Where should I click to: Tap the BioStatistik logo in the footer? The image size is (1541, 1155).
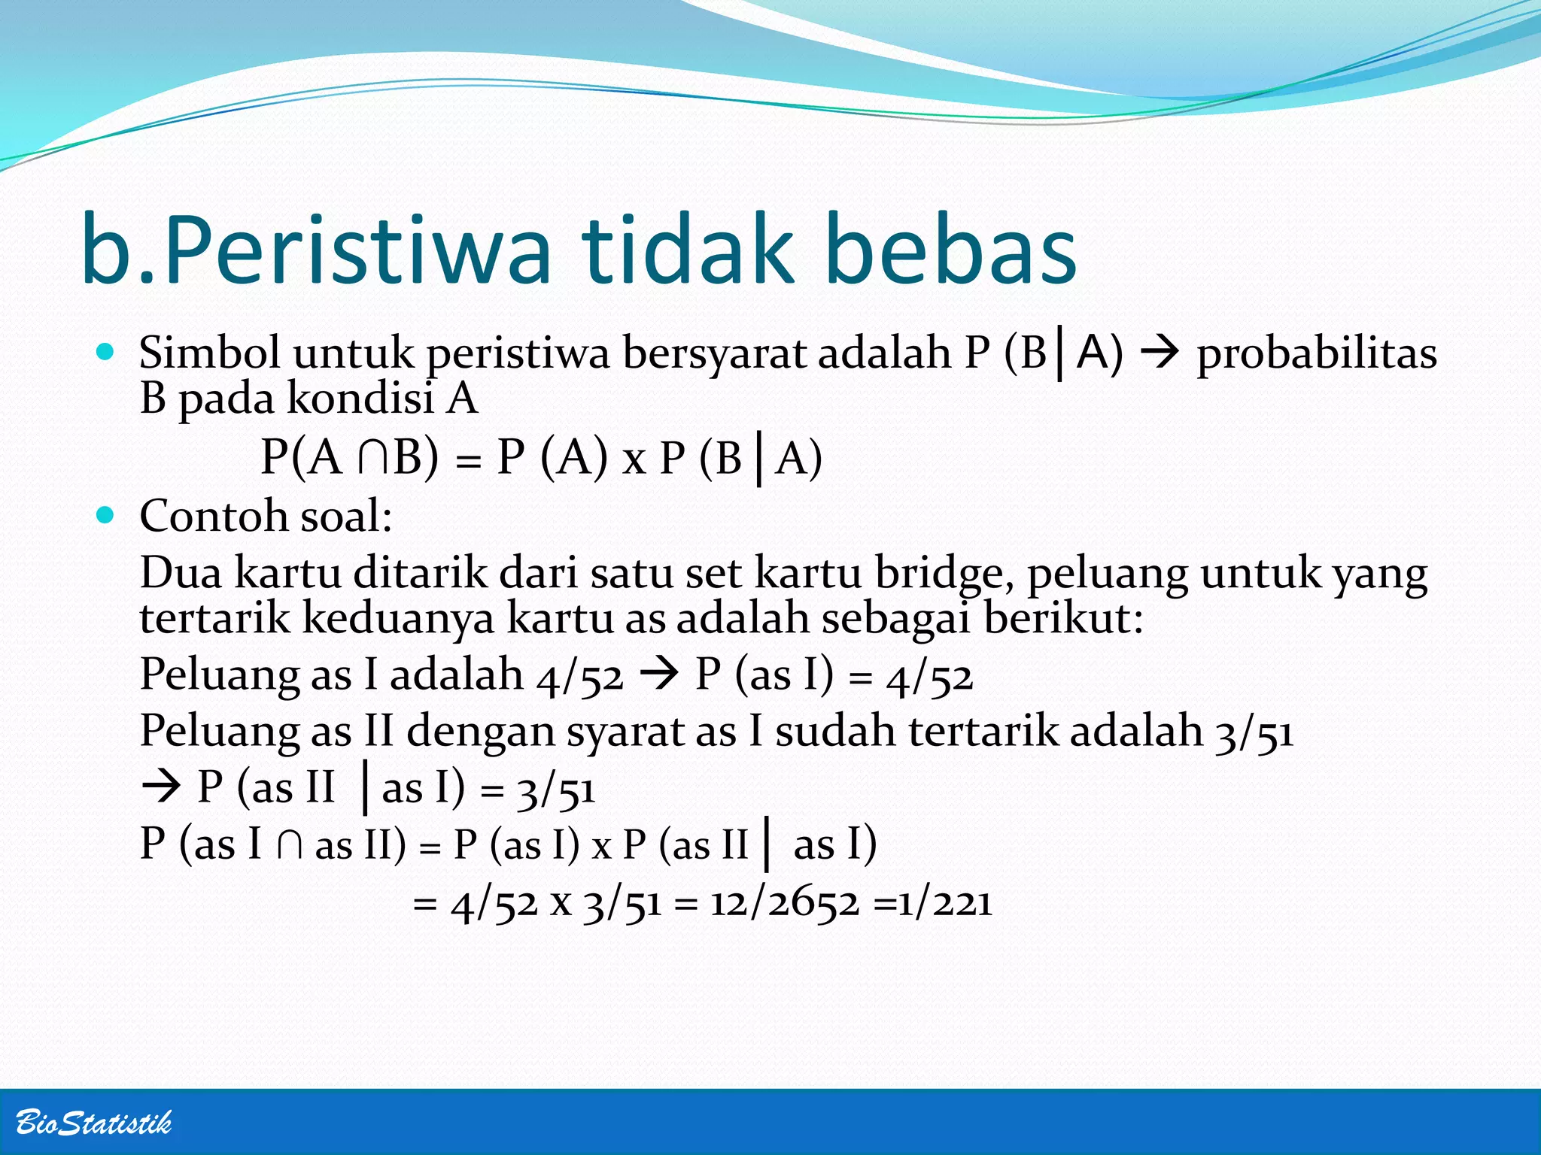coord(93,1123)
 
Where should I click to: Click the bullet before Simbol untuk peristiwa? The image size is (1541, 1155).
coord(106,351)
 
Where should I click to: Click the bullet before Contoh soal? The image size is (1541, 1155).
coord(106,515)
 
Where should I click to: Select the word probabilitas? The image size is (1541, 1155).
coord(1316,353)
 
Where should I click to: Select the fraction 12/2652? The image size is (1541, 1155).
coord(784,902)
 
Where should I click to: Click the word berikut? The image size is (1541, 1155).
coord(1062,618)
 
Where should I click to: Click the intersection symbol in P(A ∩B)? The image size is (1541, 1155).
coord(374,457)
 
